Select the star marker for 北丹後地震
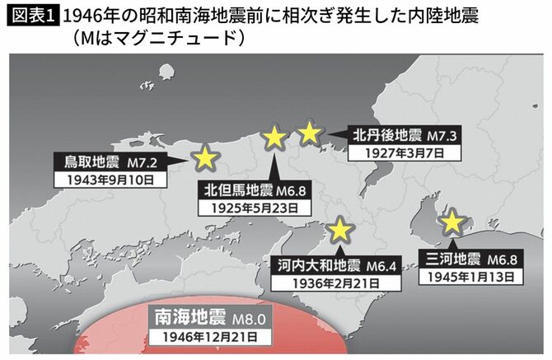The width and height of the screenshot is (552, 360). [310, 132]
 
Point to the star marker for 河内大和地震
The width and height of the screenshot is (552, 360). [339, 228]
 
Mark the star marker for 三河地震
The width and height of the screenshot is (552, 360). [451, 222]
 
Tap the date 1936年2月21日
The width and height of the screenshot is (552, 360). [325, 283]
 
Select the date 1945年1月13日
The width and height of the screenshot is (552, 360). [467, 277]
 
